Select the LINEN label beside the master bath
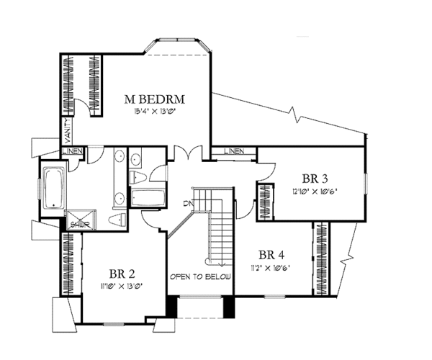coord(73,151)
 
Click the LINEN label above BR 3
coord(233,151)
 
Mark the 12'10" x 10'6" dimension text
coord(316,192)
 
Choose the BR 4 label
coord(271,254)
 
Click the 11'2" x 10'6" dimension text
coord(271,266)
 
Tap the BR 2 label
coord(123,274)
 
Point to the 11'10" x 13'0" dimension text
coord(123,286)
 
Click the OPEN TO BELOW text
coord(200,277)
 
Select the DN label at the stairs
coord(187,204)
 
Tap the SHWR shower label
coord(76,224)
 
